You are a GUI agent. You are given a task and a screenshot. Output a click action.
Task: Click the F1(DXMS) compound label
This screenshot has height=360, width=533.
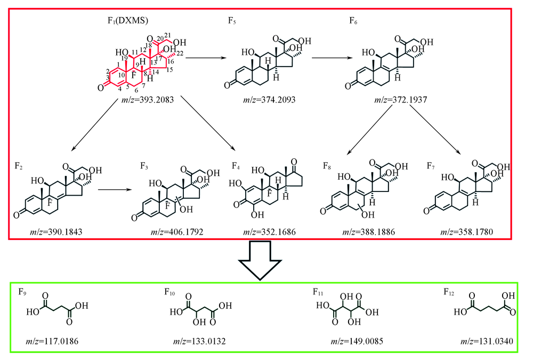(x=128, y=21)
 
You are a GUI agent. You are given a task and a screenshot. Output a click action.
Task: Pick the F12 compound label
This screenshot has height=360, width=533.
(x=450, y=292)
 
